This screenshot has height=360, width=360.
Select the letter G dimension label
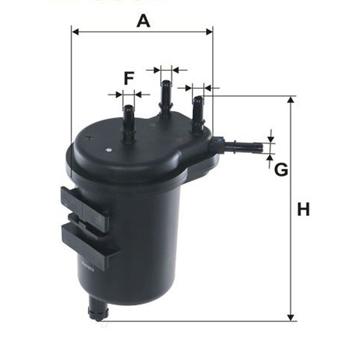(281, 169)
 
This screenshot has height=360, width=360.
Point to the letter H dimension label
(303, 210)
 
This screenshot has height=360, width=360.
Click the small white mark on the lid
(109, 148)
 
